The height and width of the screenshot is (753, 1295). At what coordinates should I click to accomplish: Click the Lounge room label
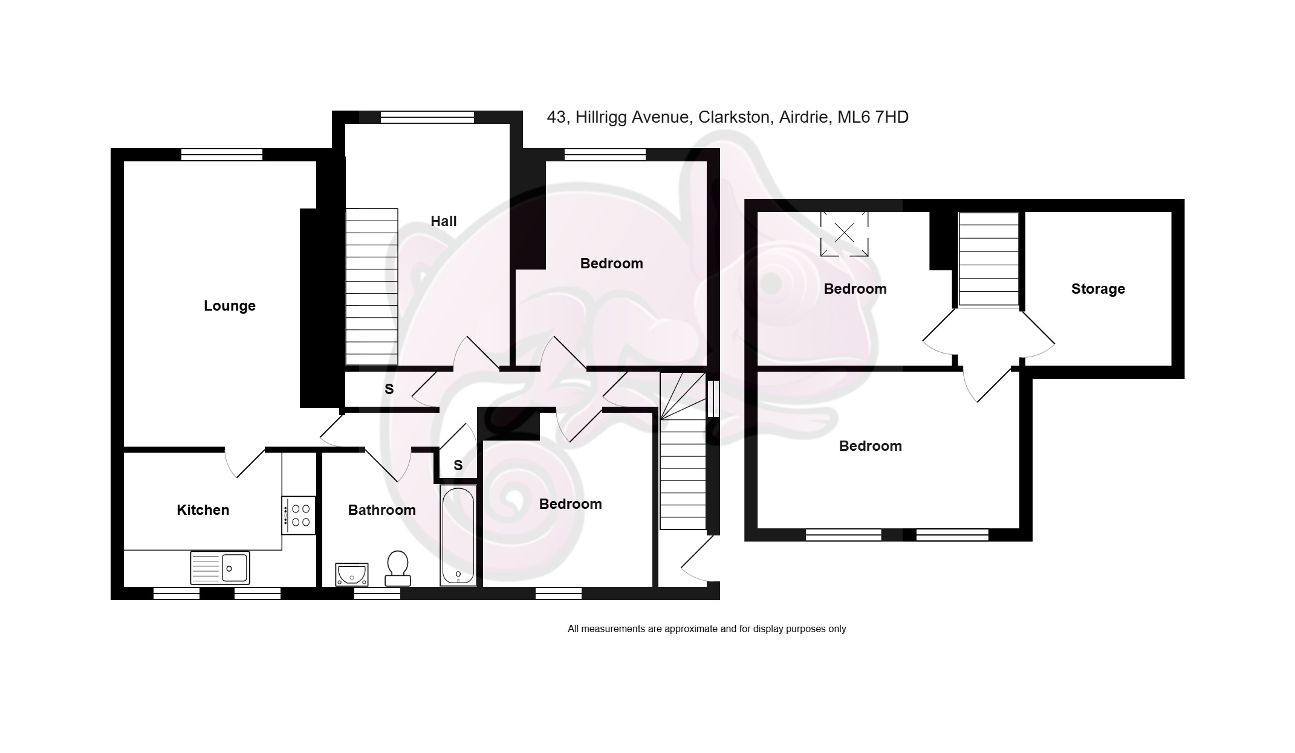tap(230, 306)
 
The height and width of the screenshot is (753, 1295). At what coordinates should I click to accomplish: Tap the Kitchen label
tap(203, 510)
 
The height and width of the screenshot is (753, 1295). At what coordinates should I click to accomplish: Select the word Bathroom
tap(382, 510)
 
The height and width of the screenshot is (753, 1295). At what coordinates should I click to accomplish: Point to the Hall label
tap(444, 221)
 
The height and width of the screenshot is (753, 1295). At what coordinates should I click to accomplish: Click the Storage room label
tap(1098, 289)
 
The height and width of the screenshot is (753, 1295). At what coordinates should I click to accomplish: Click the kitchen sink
tap(219, 567)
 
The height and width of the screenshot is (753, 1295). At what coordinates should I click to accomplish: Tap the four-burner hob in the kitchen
tap(299, 515)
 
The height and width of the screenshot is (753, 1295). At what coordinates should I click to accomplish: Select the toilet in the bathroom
tap(398, 568)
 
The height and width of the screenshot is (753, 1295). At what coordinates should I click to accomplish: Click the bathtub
tap(458, 536)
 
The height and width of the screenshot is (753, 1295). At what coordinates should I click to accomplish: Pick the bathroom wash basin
tap(352, 574)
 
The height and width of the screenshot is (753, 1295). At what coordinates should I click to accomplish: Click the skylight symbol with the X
tap(844, 233)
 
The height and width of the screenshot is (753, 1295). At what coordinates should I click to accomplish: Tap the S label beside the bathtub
tap(458, 465)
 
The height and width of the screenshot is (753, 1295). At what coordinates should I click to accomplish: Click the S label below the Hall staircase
tap(389, 389)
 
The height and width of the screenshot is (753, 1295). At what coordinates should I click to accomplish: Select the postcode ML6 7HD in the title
tap(872, 117)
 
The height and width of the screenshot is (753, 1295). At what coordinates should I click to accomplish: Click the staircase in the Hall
tap(372, 286)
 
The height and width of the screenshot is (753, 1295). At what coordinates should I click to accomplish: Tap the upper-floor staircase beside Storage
tap(989, 259)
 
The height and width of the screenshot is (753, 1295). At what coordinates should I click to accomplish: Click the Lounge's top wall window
tap(222, 155)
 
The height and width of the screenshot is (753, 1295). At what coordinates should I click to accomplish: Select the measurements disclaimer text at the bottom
tap(707, 629)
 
